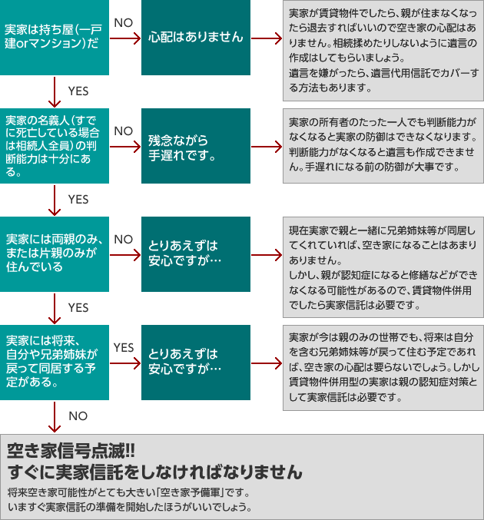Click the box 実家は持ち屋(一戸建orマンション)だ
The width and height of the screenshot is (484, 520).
(x=55, y=37)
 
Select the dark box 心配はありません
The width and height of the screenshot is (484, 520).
(x=196, y=37)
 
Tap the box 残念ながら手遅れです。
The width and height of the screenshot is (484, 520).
(x=196, y=146)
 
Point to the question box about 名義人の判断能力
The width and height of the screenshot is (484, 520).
(x=55, y=146)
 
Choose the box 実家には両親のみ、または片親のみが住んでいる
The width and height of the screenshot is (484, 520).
(x=55, y=254)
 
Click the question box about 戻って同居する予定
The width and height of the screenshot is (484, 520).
(x=55, y=363)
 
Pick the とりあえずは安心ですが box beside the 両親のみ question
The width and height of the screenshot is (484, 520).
(x=196, y=254)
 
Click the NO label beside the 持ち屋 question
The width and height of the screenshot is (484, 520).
(x=124, y=23)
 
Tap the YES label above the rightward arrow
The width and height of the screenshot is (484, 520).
(x=124, y=347)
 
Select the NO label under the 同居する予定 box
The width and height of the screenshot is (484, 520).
(x=78, y=416)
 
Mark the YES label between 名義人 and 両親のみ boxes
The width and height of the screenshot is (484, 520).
(x=78, y=199)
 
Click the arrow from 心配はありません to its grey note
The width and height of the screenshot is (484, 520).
(x=267, y=38)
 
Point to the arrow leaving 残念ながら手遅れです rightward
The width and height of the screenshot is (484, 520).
(x=267, y=147)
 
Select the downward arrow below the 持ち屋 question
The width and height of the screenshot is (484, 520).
(x=55, y=92)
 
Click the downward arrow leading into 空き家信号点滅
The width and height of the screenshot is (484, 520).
(x=55, y=417)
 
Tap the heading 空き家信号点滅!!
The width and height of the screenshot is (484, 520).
(x=71, y=451)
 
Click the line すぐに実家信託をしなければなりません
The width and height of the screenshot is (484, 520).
(x=154, y=472)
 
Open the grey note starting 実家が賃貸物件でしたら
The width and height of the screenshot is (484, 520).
(x=383, y=51)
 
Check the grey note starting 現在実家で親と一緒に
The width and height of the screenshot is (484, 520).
(x=383, y=267)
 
